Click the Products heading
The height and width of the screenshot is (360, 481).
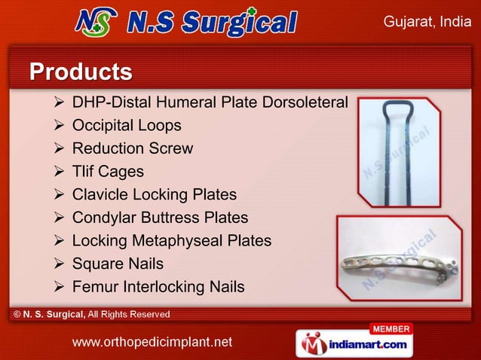81,72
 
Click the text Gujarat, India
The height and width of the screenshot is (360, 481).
427,22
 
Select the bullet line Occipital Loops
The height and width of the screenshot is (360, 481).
127,125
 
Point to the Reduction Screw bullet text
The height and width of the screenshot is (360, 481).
132,148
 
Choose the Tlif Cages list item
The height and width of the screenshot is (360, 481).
108,172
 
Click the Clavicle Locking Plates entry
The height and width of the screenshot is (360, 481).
154,195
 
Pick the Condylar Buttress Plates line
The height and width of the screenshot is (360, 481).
160,218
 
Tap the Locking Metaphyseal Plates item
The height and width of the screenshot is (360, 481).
171,241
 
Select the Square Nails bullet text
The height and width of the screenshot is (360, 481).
118,264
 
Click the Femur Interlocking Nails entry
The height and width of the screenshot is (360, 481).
158,287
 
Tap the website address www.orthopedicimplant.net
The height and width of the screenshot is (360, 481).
152,343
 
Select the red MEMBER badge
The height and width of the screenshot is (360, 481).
391,328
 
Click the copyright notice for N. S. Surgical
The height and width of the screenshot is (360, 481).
89,313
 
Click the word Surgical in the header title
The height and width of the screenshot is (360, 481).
238,23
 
